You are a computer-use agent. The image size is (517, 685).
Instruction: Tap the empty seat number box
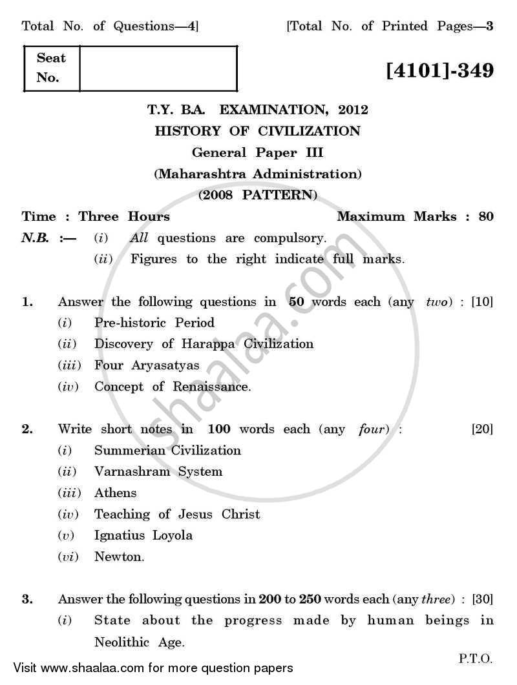(x=158, y=68)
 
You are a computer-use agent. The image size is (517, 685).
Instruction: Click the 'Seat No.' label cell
(x=52, y=68)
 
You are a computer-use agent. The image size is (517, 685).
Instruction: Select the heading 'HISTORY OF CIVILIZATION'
(x=258, y=131)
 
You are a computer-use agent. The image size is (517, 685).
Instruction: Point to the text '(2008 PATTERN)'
(x=258, y=194)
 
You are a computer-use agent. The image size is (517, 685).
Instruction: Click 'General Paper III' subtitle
(x=258, y=152)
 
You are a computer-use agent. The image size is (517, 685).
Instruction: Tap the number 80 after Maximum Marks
(x=486, y=216)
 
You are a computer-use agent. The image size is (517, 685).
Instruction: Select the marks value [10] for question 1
(x=482, y=302)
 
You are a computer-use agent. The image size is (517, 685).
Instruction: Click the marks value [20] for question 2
(x=482, y=429)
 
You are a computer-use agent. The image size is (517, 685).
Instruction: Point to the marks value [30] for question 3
(x=482, y=598)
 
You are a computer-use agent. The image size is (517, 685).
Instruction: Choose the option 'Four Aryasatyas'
(x=147, y=365)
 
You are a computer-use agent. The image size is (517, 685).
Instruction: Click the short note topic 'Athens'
(x=116, y=493)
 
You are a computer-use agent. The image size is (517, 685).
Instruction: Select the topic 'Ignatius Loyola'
(x=143, y=535)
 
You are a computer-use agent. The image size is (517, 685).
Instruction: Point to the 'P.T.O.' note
(x=476, y=659)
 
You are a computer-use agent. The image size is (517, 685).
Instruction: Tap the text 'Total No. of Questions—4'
(x=110, y=26)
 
